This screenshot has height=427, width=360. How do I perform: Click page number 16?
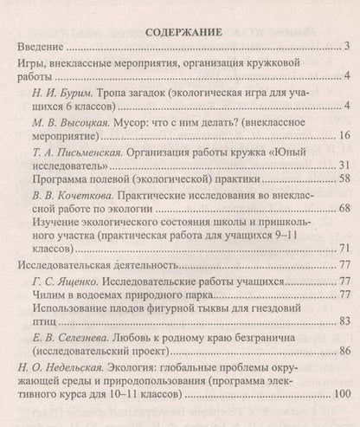[342, 135]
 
